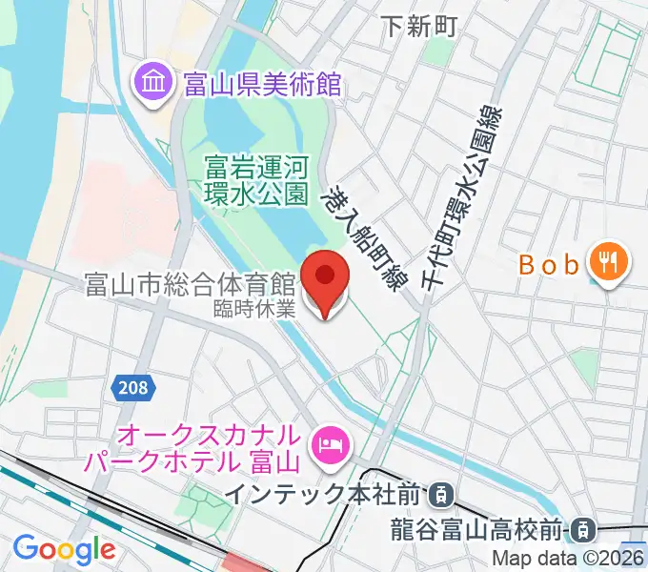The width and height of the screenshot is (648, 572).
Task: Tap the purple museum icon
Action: (152, 84)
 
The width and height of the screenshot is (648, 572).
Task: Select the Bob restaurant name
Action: (550, 265)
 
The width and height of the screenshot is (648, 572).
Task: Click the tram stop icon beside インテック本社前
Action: (440, 495)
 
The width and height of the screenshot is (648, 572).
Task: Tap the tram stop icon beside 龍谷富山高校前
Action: (585, 527)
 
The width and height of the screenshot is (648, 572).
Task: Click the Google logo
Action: (64, 549)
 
